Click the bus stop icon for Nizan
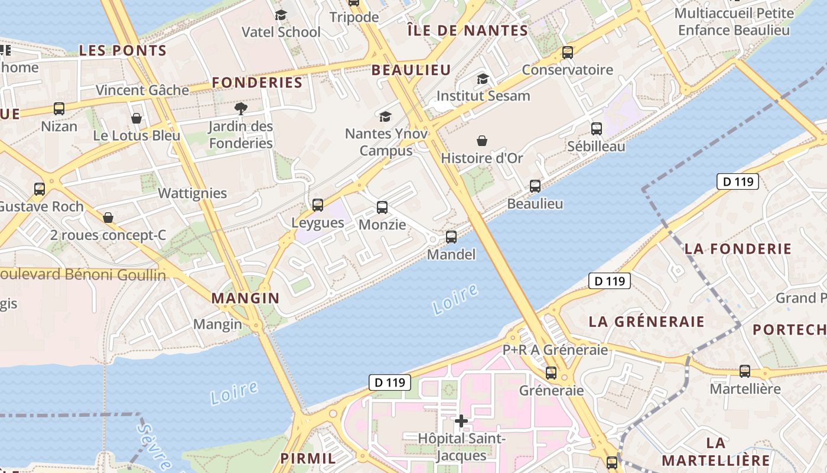(x=59, y=109)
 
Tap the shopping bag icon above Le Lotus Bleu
(x=136, y=118)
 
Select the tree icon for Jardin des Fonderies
(x=240, y=108)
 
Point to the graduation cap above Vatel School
(x=281, y=15)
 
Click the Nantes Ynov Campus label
(x=386, y=142)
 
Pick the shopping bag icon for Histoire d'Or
(x=482, y=141)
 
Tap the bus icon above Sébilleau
(x=597, y=128)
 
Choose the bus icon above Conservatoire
(x=568, y=53)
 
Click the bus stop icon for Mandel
(x=451, y=237)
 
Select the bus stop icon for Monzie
(x=382, y=208)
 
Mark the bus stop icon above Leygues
(x=318, y=205)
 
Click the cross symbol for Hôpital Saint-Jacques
(x=461, y=421)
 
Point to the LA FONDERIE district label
(x=738, y=249)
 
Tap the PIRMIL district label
(x=308, y=458)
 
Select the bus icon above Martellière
(x=745, y=371)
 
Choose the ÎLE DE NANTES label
(x=467, y=31)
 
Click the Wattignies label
(x=192, y=193)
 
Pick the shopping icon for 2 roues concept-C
(x=108, y=218)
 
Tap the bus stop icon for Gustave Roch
(x=40, y=189)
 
